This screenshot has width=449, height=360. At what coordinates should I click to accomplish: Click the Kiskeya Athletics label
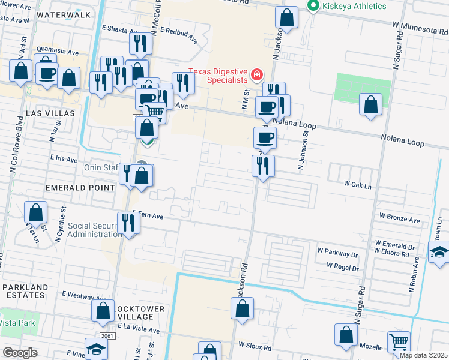pyautogui.click(x=354, y=6)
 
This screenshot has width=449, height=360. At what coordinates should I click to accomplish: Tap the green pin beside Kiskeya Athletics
pyautogui.click(x=312, y=6)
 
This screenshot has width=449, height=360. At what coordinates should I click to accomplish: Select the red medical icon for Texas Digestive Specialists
pyautogui.click(x=257, y=74)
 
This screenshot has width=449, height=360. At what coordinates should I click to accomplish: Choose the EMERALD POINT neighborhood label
pyautogui.click(x=80, y=188)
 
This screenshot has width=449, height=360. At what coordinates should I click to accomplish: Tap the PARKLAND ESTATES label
pyautogui.click(x=25, y=292)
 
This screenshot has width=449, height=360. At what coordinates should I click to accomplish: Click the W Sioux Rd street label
pyautogui.click(x=255, y=346)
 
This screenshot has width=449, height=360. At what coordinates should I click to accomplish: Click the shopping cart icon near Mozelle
pyautogui.click(x=399, y=343)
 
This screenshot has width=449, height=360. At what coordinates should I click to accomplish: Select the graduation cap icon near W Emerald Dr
pyautogui.click(x=440, y=253)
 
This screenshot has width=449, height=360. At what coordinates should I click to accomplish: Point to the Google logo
pyautogui.click(x=20, y=352)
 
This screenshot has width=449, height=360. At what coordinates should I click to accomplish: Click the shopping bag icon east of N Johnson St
pyautogui.click(x=371, y=104)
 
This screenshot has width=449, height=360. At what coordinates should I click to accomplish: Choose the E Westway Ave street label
pyautogui.click(x=83, y=296)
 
